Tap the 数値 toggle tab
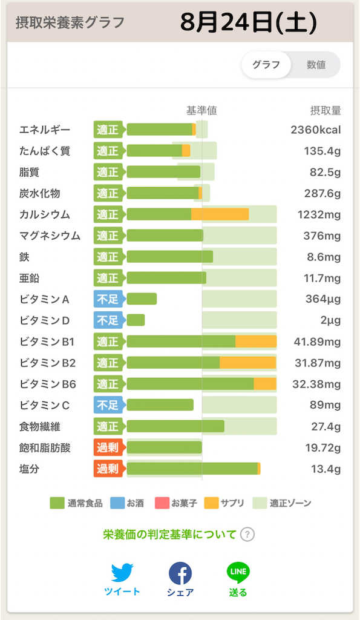(x=316, y=65)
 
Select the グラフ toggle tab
(x=266, y=65)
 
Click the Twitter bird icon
(x=122, y=573)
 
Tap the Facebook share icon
(x=180, y=573)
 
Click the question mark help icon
(x=247, y=535)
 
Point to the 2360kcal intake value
(x=316, y=130)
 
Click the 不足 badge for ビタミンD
(x=109, y=320)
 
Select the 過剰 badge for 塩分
(x=109, y=469)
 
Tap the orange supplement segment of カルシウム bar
(x=220, y=214)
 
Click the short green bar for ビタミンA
(x=142, y=299)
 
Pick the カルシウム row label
(x=45, y=215)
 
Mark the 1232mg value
(x=319, y=215)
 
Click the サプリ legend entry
(x=224, y=503)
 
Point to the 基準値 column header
(x=201, y=111)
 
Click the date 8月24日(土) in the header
(x=249, y=22)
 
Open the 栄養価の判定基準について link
(x=169, y=535)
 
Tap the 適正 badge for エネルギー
(x=109, y=130)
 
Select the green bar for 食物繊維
(x=175, y=426)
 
